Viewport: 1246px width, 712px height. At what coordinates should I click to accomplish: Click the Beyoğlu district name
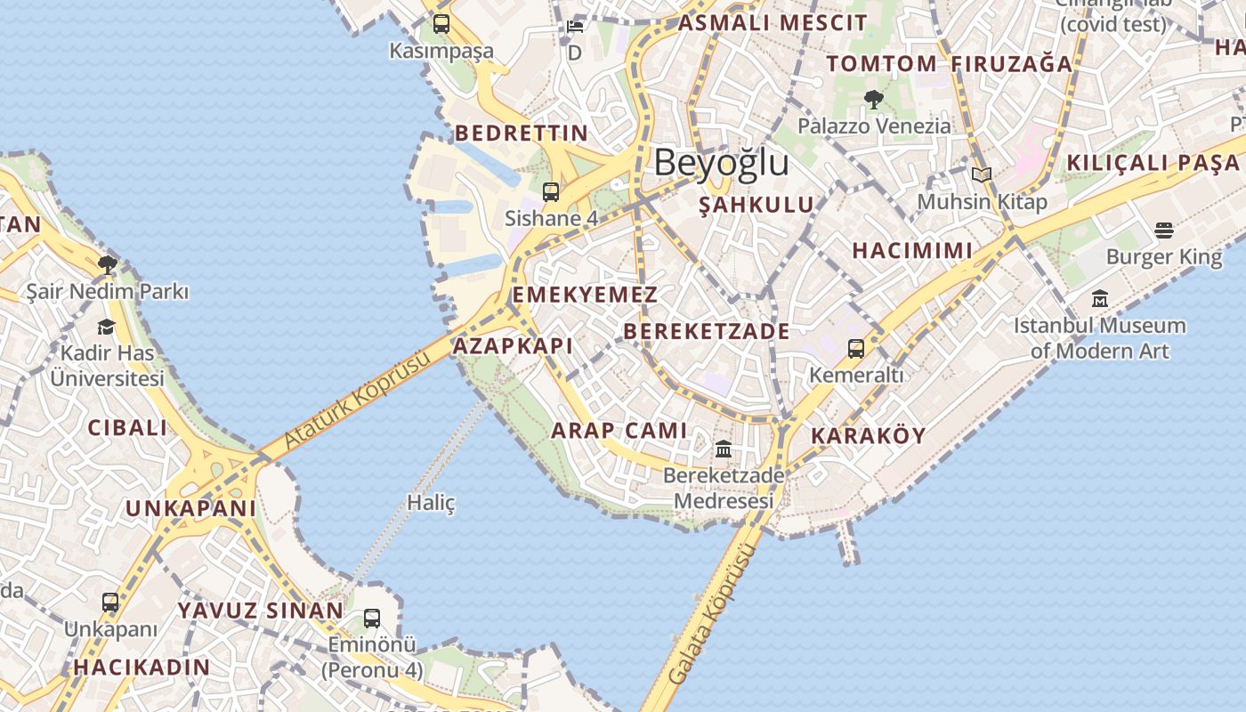tap(721, 163)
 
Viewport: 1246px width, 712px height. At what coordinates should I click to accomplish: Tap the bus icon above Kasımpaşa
tap(441, 24)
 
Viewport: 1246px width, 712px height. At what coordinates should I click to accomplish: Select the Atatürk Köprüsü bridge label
tap(357, 400)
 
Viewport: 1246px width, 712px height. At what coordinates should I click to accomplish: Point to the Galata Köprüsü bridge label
tap(709, 614)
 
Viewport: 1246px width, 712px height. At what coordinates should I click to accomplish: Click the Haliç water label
tap(431, 503)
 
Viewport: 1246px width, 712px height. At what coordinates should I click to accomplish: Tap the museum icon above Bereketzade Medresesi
tap(724, 449)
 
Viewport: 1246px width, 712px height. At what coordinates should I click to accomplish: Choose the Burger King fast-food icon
tap(1164, 231)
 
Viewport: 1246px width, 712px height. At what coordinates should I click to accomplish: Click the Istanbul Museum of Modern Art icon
tap(1100, 299)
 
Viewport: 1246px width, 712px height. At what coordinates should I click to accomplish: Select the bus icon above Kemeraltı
tap(856, 349)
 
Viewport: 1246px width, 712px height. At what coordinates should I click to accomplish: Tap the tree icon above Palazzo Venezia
tap(874, 100)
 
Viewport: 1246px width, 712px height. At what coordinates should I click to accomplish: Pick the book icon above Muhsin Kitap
tap(982, 175)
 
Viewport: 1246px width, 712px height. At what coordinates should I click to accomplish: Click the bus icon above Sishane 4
tap(551, 191)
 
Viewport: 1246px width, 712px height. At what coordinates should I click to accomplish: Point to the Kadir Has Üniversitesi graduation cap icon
tap(107, 327)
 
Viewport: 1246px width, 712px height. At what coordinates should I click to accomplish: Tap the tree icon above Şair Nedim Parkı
tap(107, 264)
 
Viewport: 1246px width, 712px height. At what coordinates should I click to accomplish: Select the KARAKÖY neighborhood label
tap(869, 436)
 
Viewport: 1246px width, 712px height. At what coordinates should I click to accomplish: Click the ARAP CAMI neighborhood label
tap(619, 431)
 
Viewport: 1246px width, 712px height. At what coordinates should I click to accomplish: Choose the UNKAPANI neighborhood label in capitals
tap(190, 508)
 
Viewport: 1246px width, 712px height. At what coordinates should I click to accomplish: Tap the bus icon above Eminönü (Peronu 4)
tap(372, 618)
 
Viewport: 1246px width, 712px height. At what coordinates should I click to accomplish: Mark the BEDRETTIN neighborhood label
tap(522, 133)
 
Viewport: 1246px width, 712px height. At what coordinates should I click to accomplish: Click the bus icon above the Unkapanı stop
tap(110, 603)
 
